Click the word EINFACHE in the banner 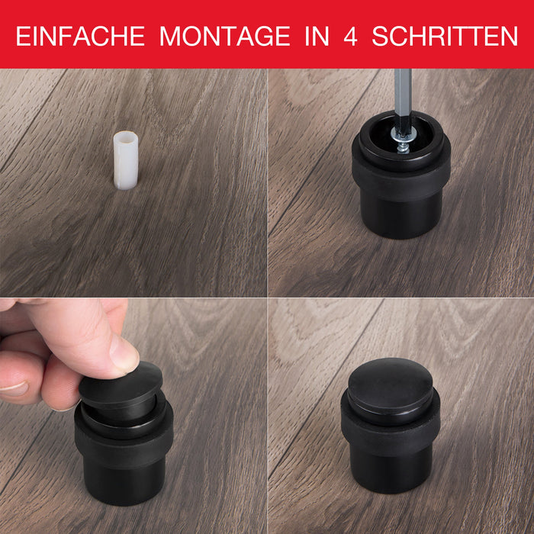80,36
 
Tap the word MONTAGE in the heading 225,36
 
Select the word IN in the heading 317,36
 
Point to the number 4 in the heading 350,36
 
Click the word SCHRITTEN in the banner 445,36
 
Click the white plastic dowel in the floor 126,160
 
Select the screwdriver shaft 403,98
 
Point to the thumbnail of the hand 124,352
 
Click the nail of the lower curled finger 14,388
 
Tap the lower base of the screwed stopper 401,216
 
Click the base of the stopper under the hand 124,483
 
